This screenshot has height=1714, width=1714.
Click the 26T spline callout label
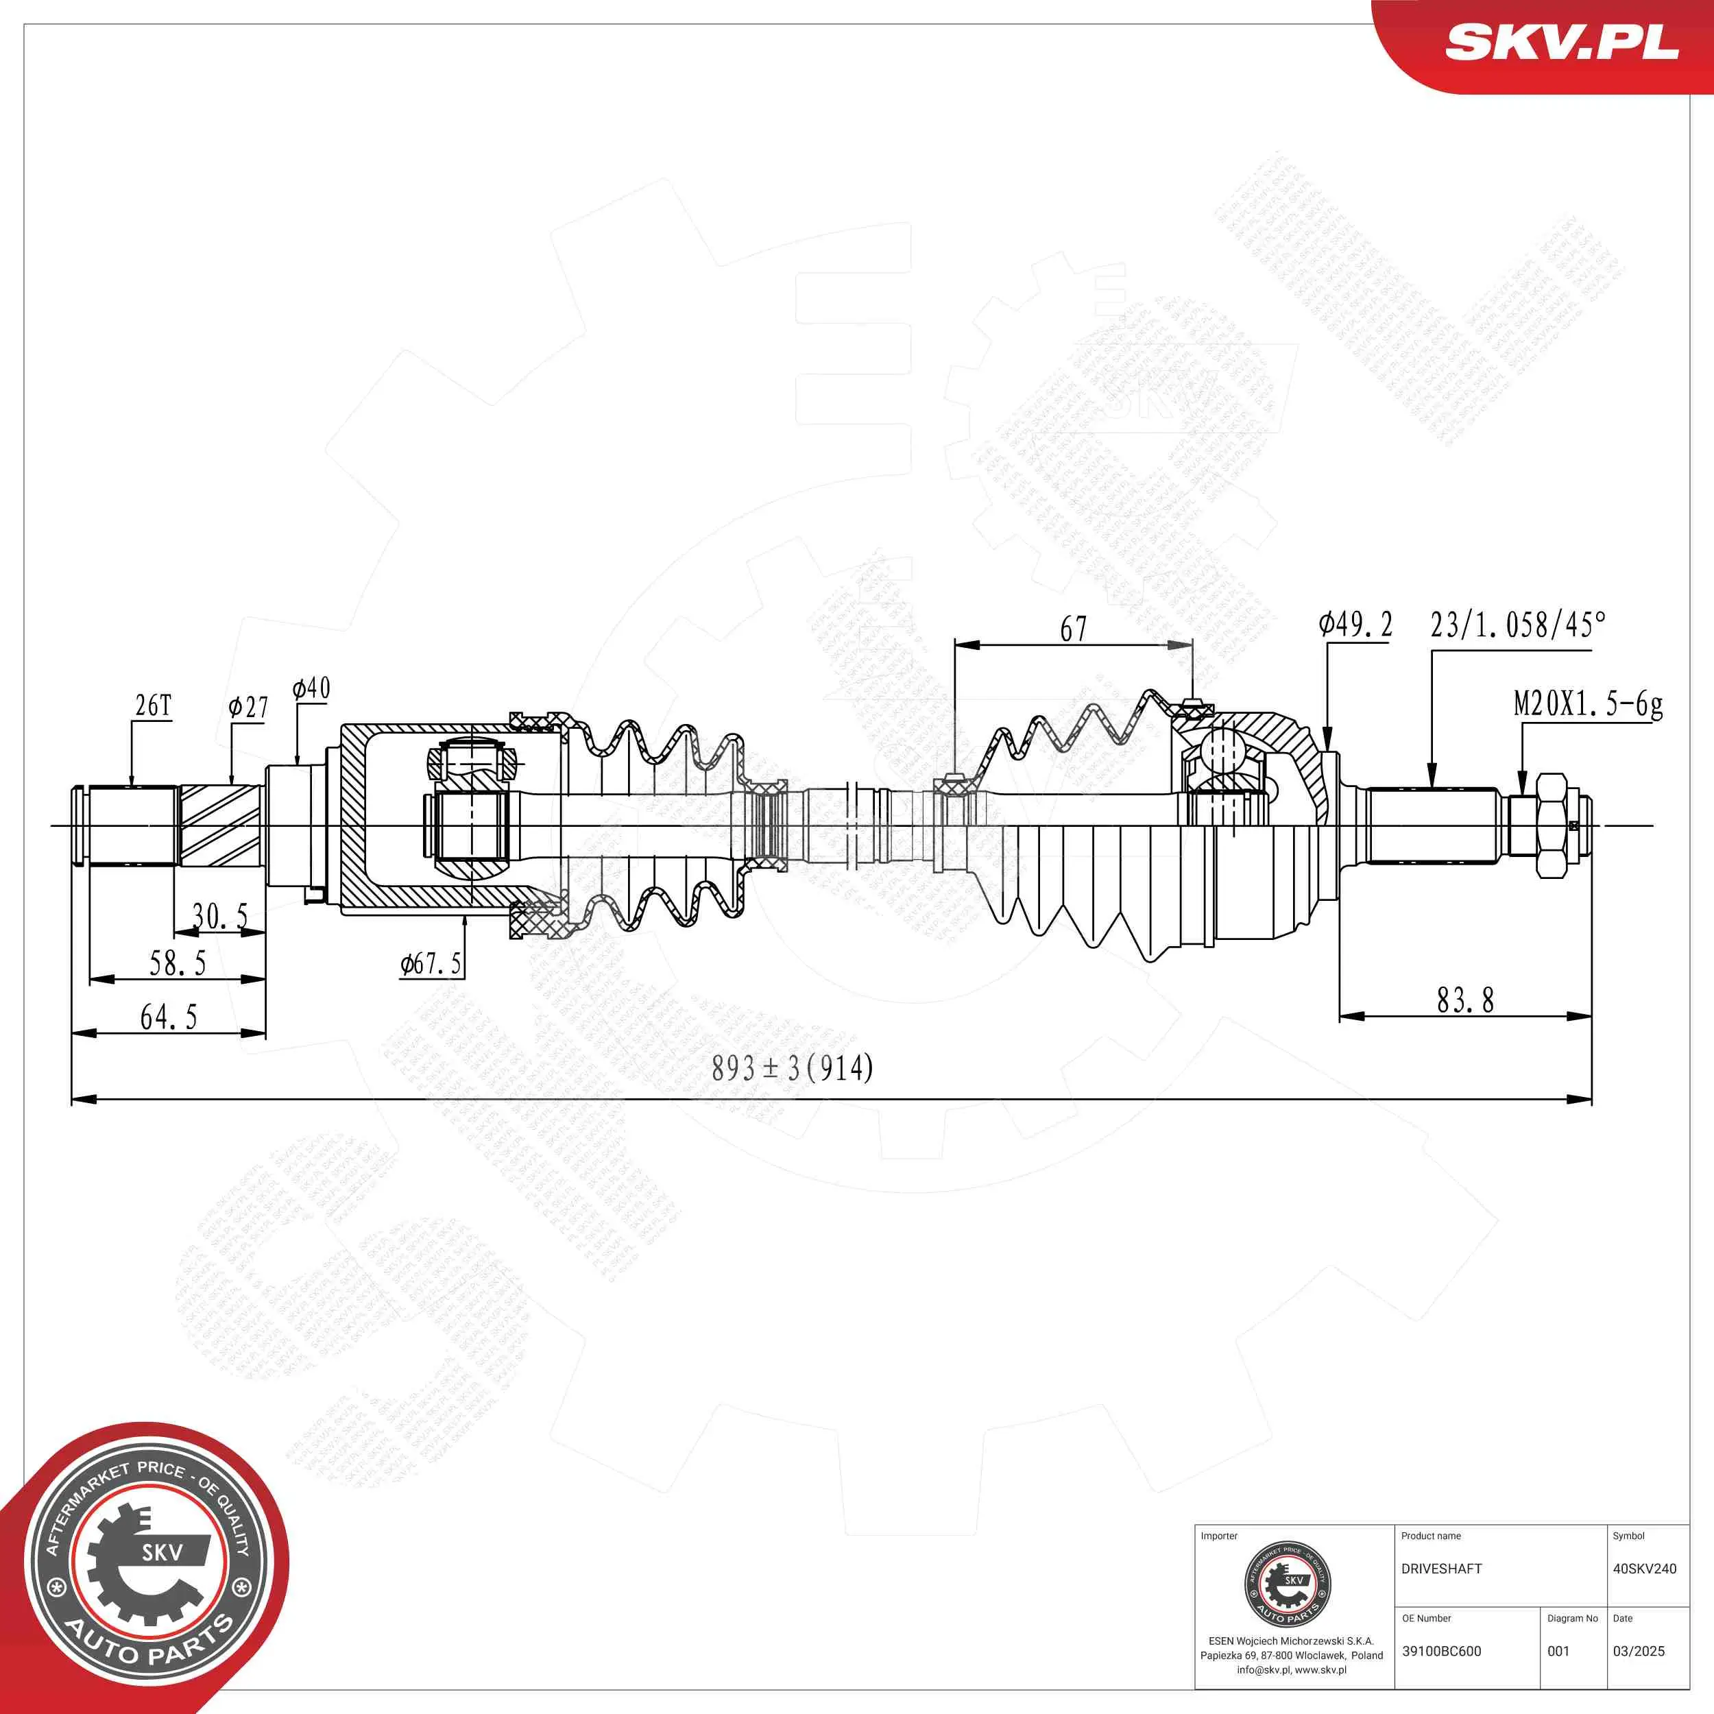tap(153, 706)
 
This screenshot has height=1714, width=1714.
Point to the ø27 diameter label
tap(248, 707)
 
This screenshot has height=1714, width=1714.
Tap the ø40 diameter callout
tap(311, 688)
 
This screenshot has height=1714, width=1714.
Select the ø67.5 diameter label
tap(431, 963)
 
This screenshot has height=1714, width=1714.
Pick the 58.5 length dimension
tap(178, 963)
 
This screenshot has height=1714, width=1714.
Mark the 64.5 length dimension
tap(169, 1017)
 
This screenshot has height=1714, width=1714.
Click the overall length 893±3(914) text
tap(793, 1068)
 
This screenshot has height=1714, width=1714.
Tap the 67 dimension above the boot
tap(1074, 629)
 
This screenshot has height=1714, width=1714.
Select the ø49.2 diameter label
tap(1355, 625)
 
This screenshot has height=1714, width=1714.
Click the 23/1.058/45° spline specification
tap(1518, 625)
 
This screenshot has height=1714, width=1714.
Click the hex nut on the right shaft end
tap(1551, 826)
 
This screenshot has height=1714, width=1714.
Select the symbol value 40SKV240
tap(1644, 1569)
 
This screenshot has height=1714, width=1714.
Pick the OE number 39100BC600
tap(1442, 1651)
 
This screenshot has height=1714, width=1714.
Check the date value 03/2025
tap(1639, 1651)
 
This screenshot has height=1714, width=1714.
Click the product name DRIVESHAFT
tap(1442, 1569)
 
